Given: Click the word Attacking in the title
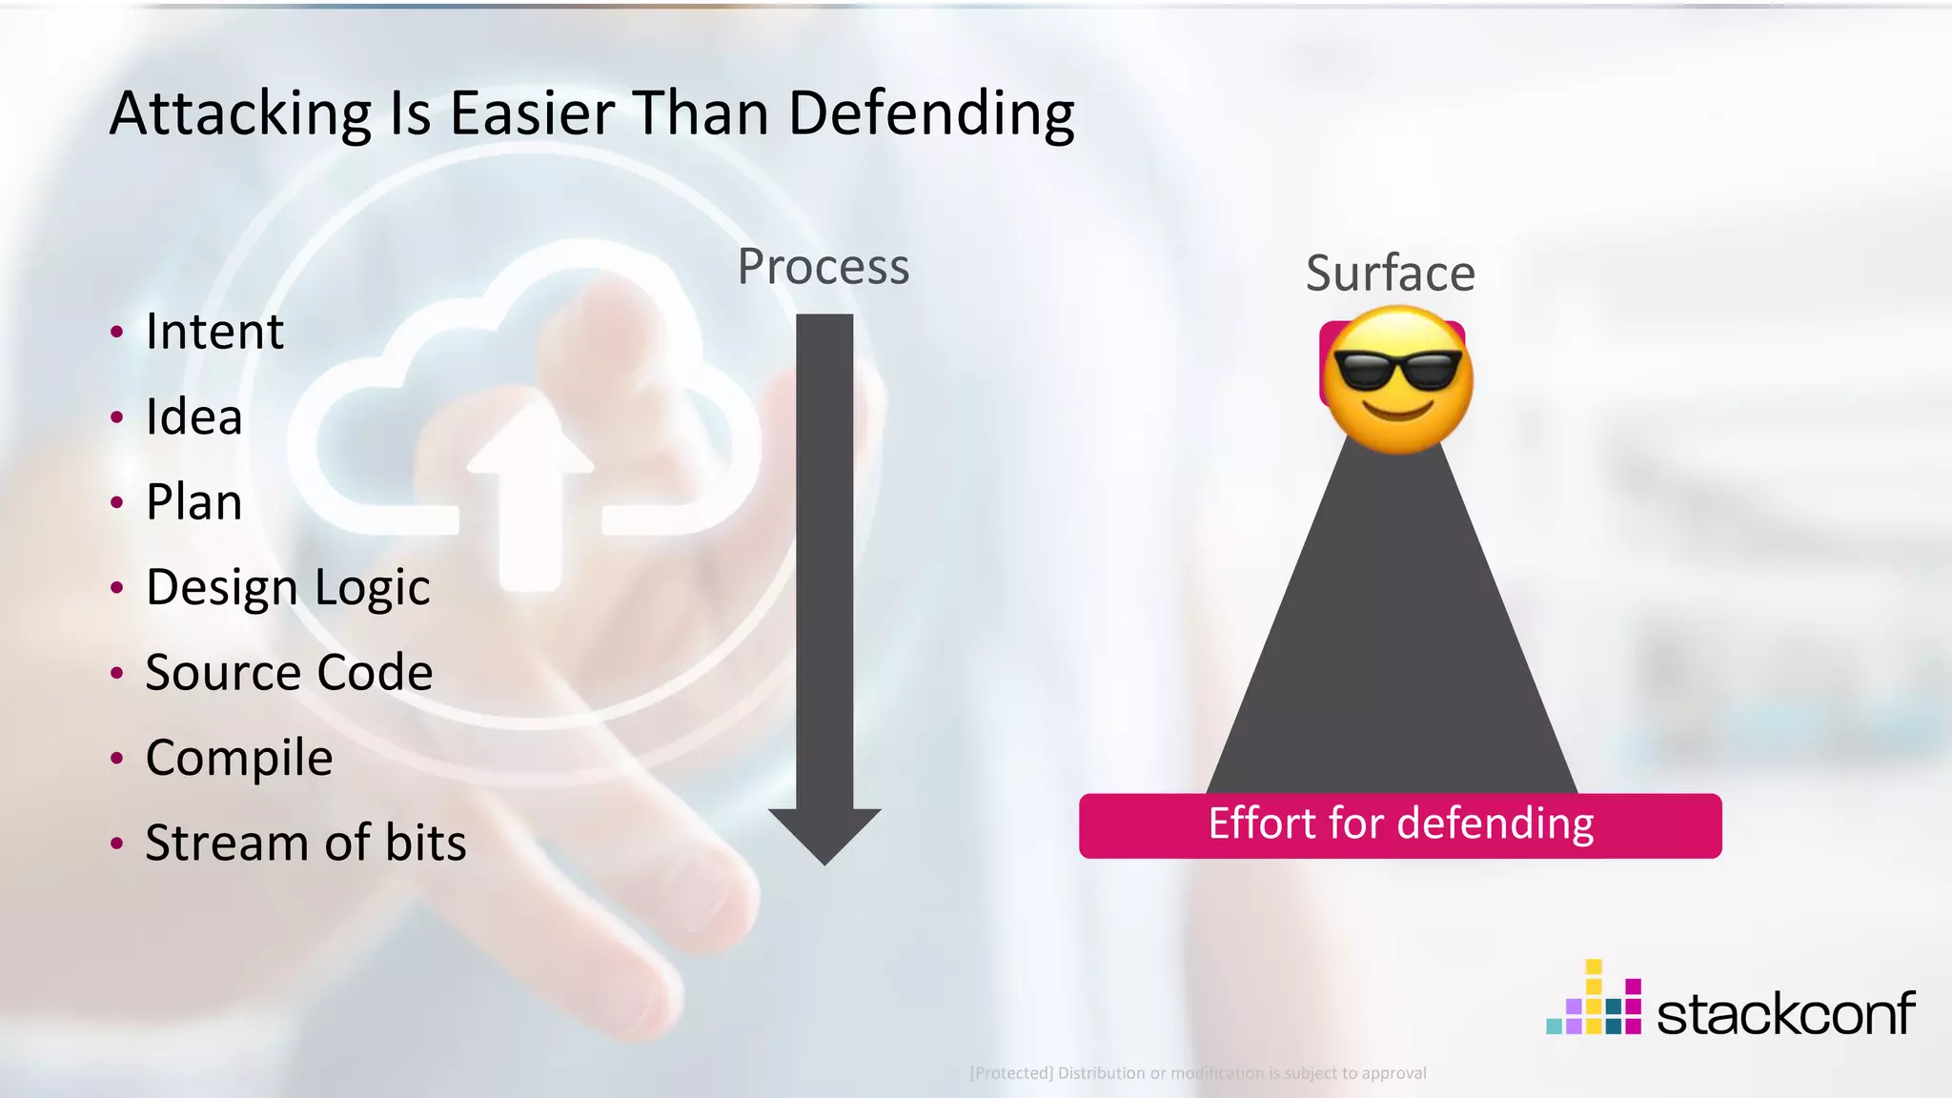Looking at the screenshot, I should point(240,114).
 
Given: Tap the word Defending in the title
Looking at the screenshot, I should point(931,114).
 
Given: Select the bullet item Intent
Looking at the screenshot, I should point(214,332).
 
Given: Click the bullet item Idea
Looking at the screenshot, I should point(193,417).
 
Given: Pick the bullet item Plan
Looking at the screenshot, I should point(193,502).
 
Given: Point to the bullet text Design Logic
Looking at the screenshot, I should point(288,587).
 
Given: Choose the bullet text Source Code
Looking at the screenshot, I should point(289,672).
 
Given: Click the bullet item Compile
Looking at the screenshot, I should point(239,758).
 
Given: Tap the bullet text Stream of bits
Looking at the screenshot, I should point(306,843).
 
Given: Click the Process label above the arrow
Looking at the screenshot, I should point(823,267).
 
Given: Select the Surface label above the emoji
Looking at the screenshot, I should point(1391,274).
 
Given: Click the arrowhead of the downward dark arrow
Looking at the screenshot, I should point(824,834).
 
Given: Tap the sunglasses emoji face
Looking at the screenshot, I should point(1397,378).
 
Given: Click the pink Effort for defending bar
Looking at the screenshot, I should point(1400,825).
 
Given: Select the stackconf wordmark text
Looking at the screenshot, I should point(1785,1013).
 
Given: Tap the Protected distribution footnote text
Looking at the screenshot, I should point(1198,1073).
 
